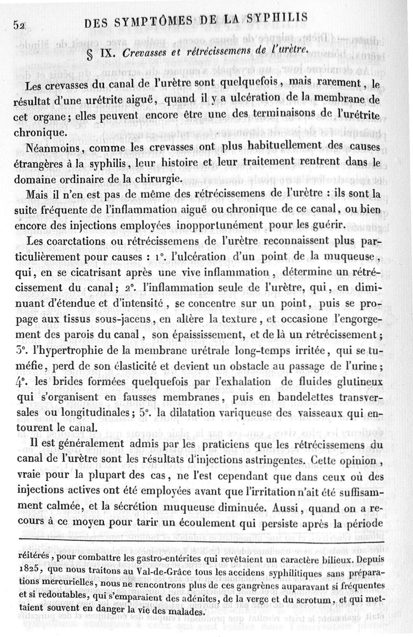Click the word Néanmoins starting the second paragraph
pos(57,148)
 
